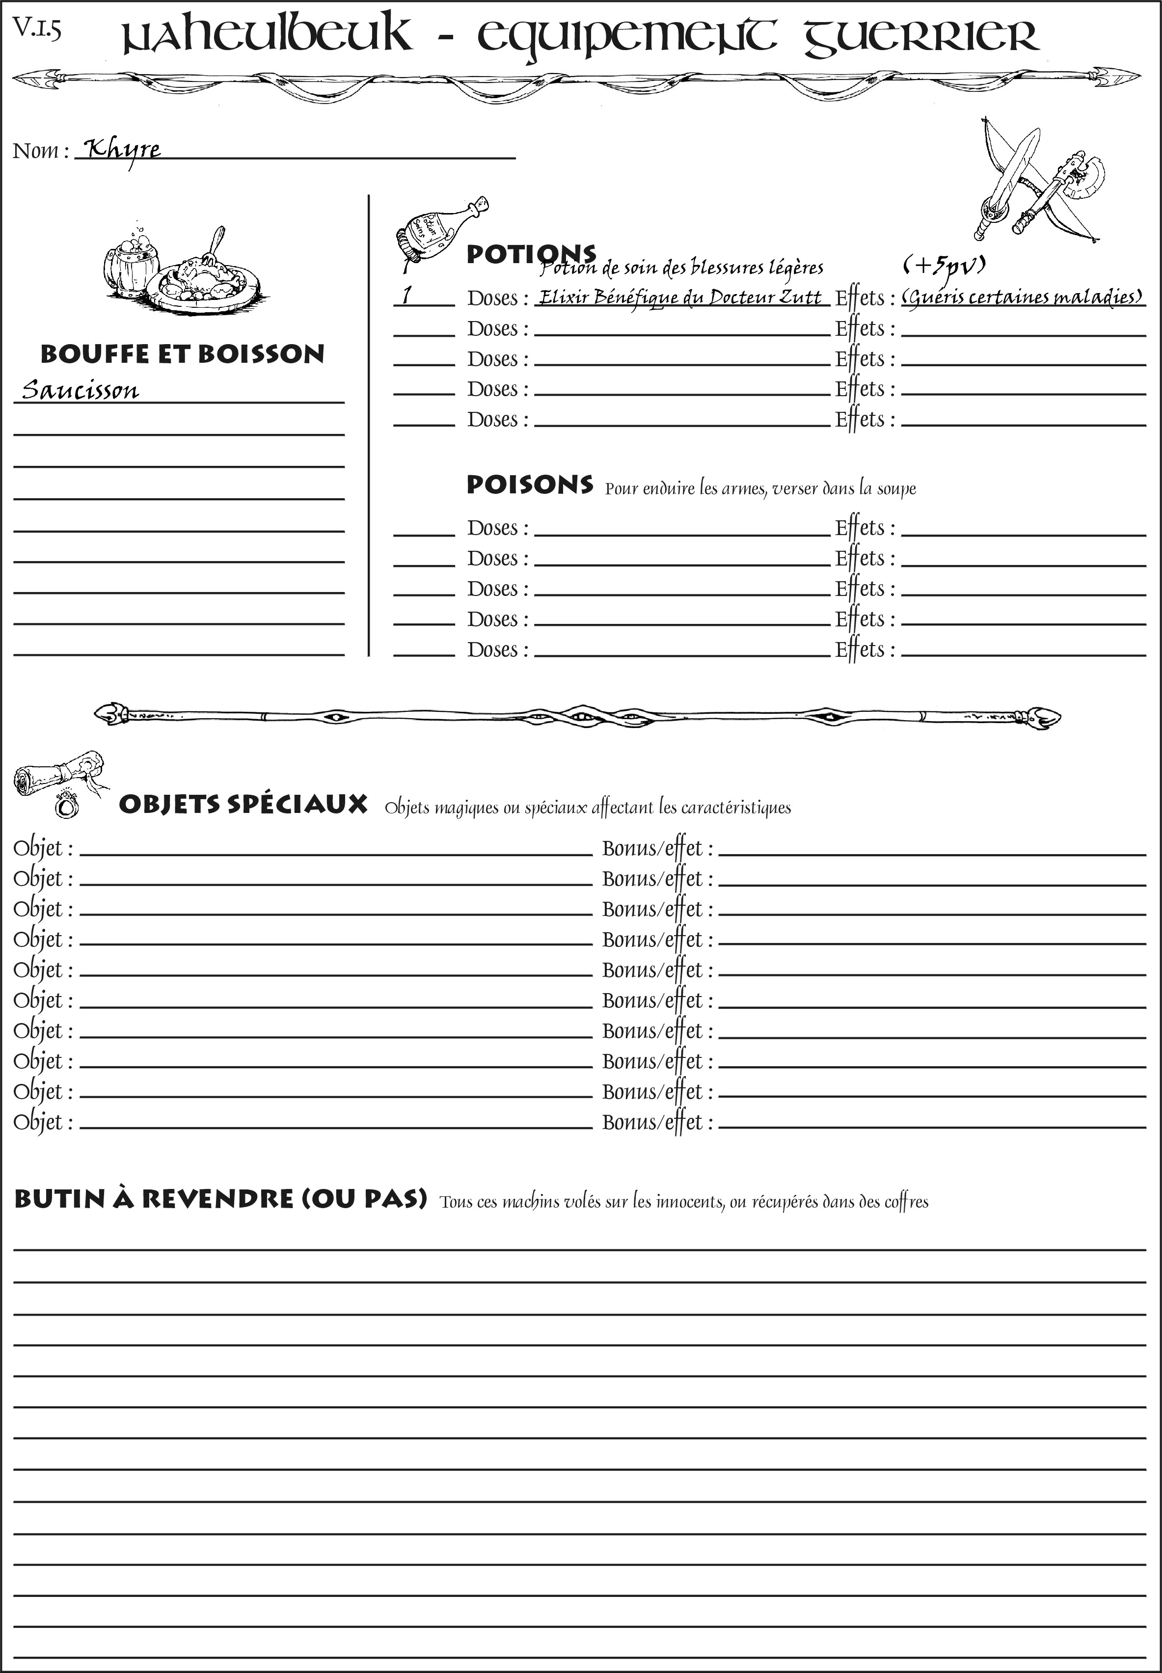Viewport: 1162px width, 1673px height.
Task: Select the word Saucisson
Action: (80, 390)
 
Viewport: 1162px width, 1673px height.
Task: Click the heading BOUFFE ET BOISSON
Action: (182, 354)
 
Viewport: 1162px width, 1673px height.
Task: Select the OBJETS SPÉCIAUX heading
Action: (243, 805)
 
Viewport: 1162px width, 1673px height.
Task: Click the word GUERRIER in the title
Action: (921, 36)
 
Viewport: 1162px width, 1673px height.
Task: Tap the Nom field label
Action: (40, 151)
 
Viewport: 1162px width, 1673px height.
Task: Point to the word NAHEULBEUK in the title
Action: (266, 36)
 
